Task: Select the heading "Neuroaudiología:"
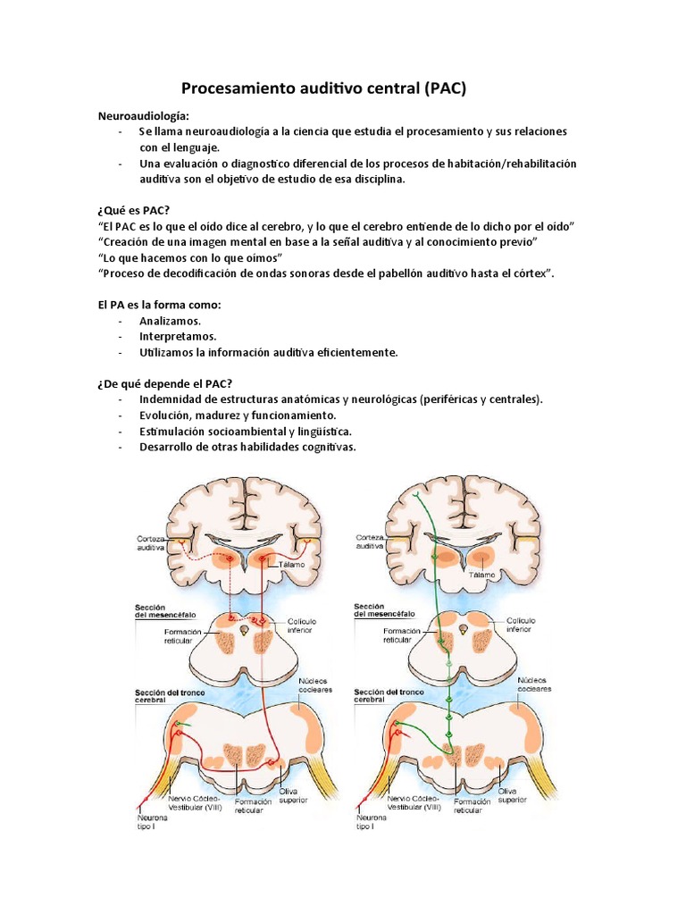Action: pos(143,116)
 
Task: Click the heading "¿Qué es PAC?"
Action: pos(133,210)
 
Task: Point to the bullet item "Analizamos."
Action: pos(171,320)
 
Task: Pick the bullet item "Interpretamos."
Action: pos(178,336)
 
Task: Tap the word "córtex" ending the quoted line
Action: pos(530,273)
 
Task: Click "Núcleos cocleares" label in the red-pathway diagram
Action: pos(314,686)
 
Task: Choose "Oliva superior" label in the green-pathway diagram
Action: pos(512,795)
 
